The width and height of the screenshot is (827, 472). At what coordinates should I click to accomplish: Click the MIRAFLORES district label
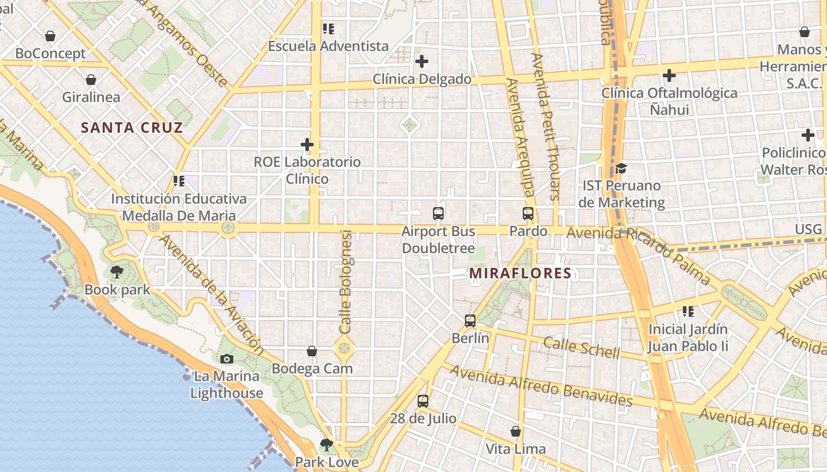(520, 273)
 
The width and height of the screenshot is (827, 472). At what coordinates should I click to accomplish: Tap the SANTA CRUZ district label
(132, 127)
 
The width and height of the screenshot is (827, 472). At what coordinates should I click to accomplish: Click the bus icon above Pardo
(528, 214)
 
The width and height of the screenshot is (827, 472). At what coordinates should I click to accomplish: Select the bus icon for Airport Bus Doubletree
(438, 214)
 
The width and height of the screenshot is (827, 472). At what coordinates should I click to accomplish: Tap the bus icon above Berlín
(470, 321)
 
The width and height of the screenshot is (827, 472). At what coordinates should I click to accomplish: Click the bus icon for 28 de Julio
(423, 401)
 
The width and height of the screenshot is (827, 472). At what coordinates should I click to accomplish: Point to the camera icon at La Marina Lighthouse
(226, 359)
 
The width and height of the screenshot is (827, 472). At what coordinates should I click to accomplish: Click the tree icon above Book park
(117, 272)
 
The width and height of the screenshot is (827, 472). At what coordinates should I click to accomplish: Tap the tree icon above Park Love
(326, 444)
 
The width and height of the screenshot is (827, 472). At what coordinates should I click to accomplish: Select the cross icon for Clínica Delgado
(422, 61)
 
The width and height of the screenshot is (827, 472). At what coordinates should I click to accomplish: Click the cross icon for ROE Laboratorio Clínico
(307, 144)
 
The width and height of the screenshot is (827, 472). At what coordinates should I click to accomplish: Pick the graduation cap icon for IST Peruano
(621, 169)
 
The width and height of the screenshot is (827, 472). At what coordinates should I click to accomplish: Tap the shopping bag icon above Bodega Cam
(312, 352)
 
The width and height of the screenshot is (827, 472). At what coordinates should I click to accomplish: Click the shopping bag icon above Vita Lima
(516, 432)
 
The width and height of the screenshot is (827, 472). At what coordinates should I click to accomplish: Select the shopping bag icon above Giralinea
(91, 80)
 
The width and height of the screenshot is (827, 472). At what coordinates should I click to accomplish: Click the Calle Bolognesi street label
(346, 282)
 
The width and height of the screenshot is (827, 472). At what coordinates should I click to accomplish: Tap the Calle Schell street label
(582, 348)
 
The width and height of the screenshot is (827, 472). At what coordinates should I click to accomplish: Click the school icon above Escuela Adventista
(328, 28)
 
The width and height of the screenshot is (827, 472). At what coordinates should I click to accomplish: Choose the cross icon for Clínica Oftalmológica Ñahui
(669, 76)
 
